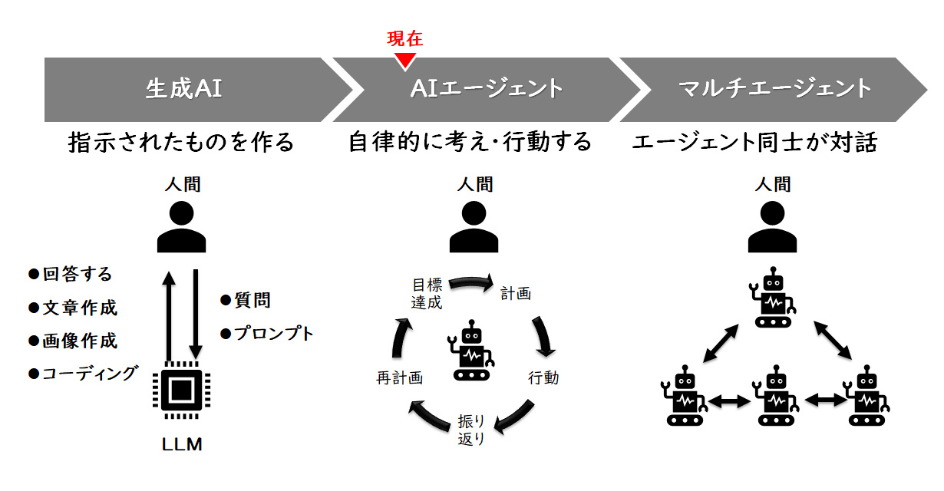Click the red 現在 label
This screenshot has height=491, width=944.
click(x=405, y=39)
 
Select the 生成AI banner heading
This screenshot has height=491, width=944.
click(x=183, y=89)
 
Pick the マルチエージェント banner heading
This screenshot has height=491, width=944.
click(x=775, y=89)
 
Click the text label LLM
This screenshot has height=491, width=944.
click(x=182, y=444)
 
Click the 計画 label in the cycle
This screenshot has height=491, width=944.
click(x=516, y=293)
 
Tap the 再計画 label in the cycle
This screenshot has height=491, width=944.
click(x=399, y=377)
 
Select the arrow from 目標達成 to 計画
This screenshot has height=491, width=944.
click(x=470, y=284)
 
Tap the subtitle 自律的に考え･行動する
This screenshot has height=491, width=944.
click(x=470, y=143)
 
